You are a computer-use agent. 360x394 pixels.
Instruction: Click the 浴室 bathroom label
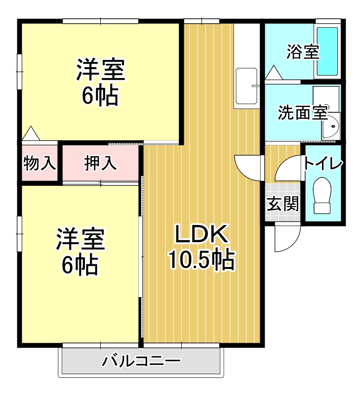tap(302, 52)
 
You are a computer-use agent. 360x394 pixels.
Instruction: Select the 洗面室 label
tap(302, 113)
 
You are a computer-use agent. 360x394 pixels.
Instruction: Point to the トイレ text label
tap(323, 163)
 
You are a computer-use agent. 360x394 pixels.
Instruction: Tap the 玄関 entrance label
tap(283, 204)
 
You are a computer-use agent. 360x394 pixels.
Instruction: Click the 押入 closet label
tap(100, 163)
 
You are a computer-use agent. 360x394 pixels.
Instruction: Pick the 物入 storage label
tap(40, 163)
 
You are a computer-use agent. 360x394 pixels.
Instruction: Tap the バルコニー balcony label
tap(141, 361)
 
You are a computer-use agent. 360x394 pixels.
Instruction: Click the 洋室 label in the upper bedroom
tap(100, 70)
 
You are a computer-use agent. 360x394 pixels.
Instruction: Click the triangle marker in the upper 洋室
tap(31, 133)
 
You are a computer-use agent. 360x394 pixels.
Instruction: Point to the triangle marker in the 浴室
tap(273, 73)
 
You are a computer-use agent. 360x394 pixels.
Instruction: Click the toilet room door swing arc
tap(287, 168)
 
